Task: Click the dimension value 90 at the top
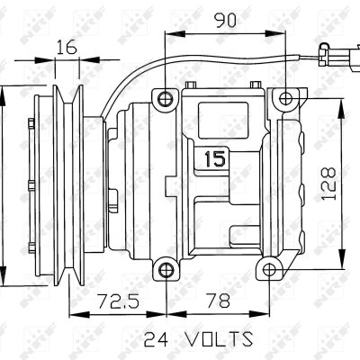(225, 20)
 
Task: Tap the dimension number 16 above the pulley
(67, 47)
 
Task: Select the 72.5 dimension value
(119, 301)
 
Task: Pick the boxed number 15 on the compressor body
(215, 158)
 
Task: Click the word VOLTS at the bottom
(219, 339)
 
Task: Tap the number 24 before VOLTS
(157, 339)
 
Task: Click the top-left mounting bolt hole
(166, 99)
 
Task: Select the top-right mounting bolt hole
(286, 98)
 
